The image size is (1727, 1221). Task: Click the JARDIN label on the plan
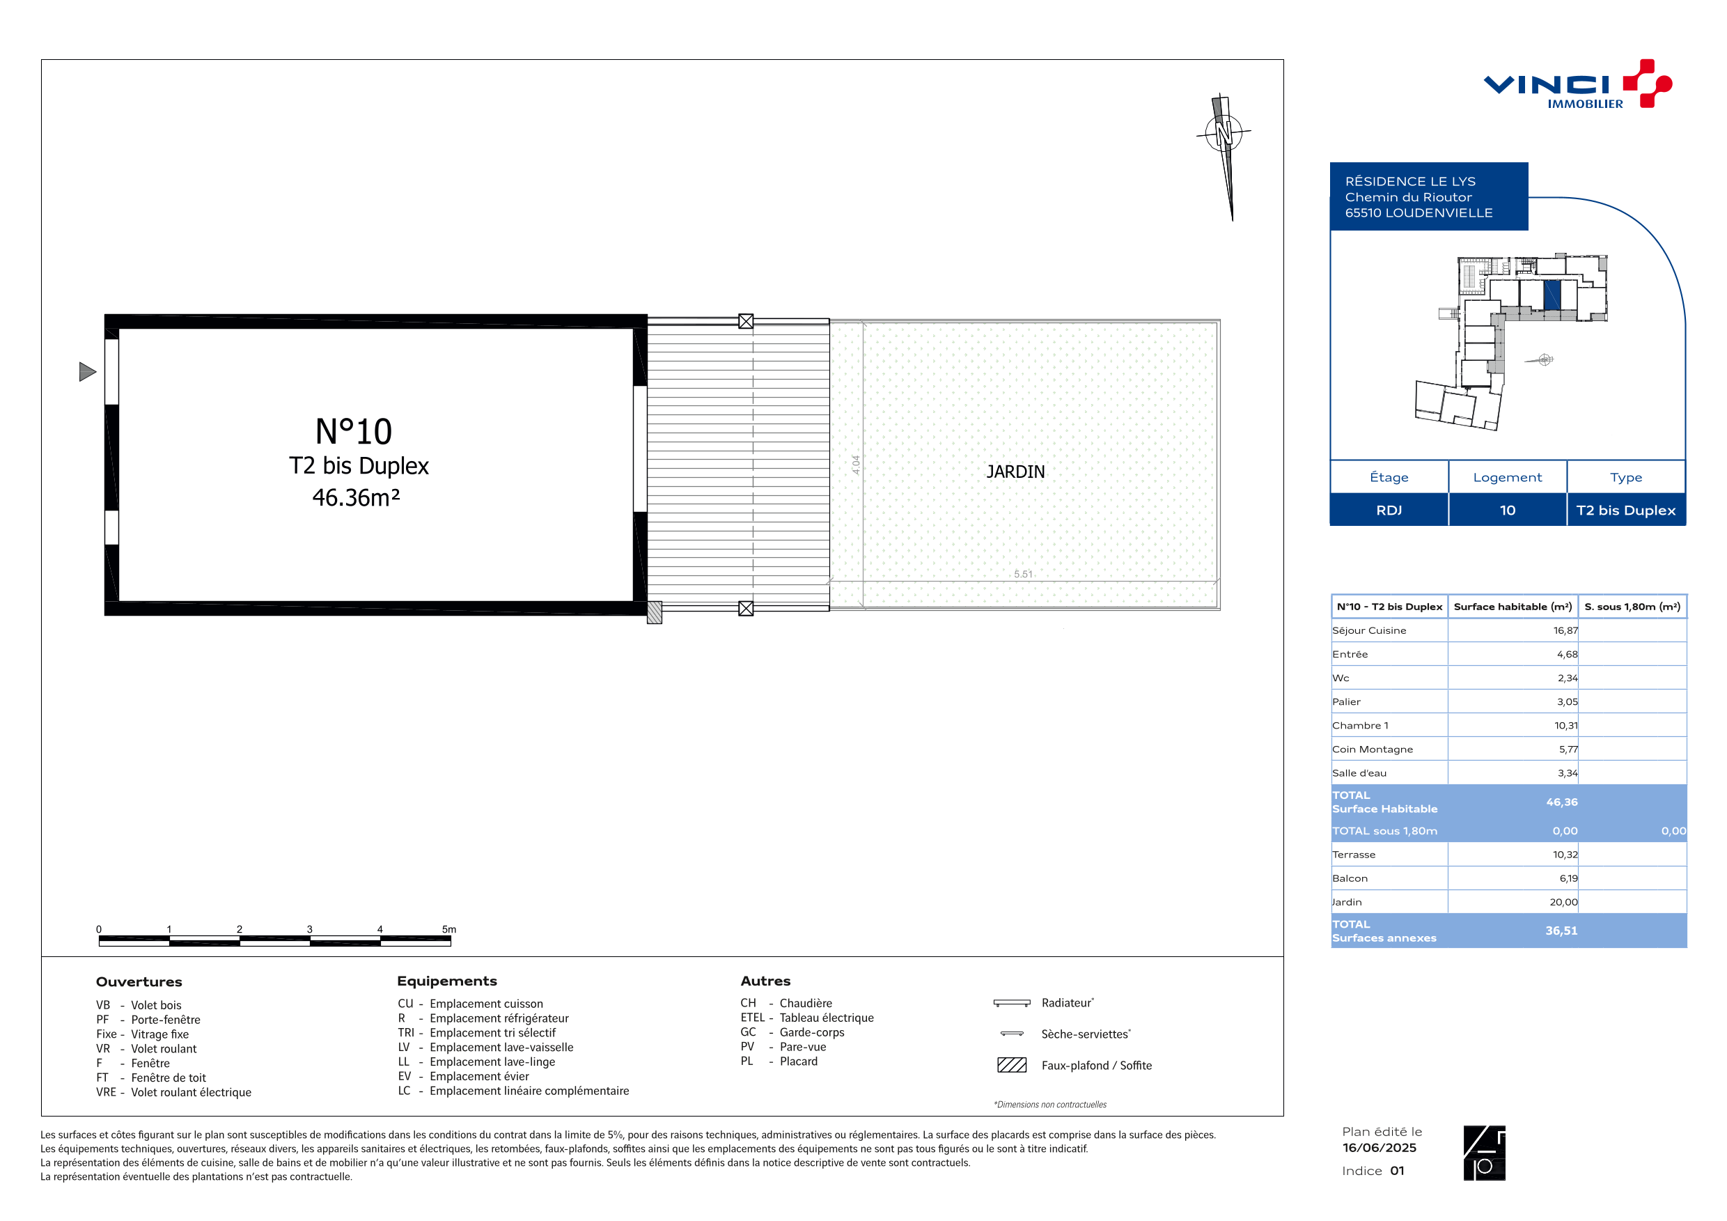coord(1015,472)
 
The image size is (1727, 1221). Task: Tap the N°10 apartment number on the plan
coord(354,432)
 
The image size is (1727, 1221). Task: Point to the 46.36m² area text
coord(356,497)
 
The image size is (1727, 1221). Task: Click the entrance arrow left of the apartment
coord(87,372)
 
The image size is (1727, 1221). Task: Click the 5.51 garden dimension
coord(1023,574)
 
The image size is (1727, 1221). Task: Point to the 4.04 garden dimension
coord(856,464)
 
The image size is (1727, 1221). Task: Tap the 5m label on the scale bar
coord(449,929)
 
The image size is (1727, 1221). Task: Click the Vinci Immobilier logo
coord(1577,84)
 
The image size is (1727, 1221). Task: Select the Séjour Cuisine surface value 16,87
coord(1565,630)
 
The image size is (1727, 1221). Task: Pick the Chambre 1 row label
coord(1360,725)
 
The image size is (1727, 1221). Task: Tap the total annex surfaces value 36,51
coord(1561,931)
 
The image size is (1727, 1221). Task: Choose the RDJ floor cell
coord(1389,510)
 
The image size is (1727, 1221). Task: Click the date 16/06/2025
coord(1379,1147)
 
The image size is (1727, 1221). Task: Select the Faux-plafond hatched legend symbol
coord(1012,1064)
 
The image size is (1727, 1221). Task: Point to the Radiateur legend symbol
coord(1012,1003)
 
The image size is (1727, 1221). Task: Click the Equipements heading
coord(447,981)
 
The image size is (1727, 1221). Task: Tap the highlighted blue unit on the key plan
coord(1552,295)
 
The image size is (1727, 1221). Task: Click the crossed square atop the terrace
coord(745,321)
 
